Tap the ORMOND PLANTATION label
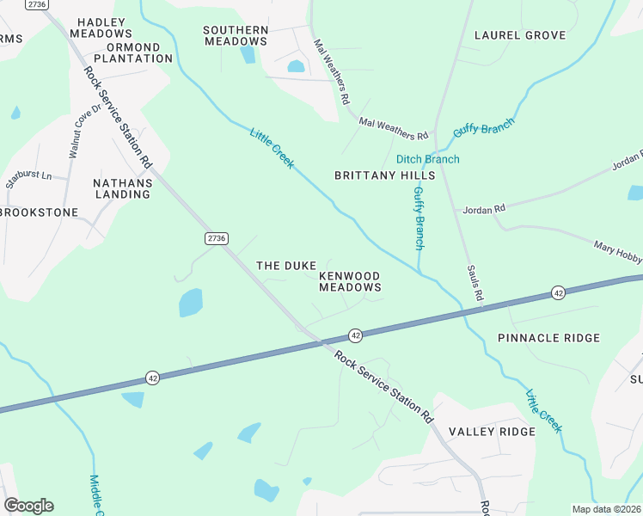click(133, 52)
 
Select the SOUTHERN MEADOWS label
click(236, 35)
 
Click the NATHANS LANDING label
click(122, 188)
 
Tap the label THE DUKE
click(286, 266)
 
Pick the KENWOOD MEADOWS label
click(350, 281)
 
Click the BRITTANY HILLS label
click(384, 175)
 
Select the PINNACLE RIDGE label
click(548, 338)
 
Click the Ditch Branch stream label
click(427, 159)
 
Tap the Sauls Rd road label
click(474, 285)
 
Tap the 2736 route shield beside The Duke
click(217, 236)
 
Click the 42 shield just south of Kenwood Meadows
click(355, 334)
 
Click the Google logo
click(28, 505)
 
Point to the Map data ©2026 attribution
click(606, 509)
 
